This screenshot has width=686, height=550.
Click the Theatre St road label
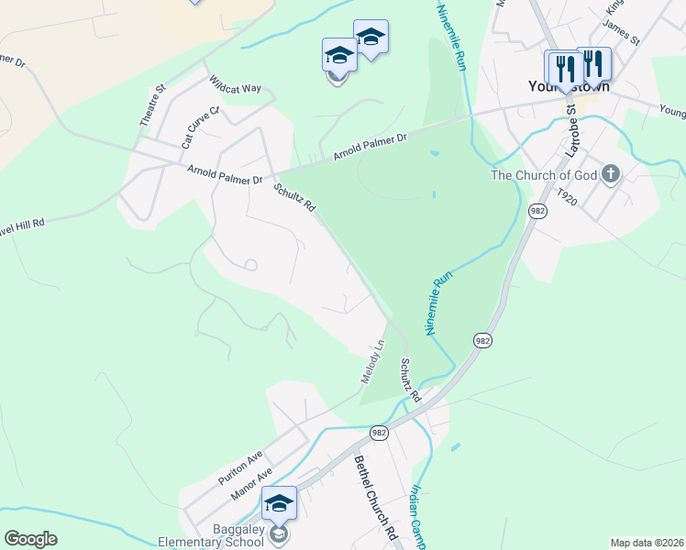[x=151, y=105]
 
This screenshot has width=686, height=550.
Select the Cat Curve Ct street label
[x=201, y=127]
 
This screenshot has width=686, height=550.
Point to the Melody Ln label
[x=371, y=361]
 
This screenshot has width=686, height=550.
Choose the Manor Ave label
[x=252, y=486]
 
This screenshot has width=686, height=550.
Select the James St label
[x=622, y=35]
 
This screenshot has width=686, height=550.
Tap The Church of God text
[x=544, y=175]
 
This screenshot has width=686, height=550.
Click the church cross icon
[x=612, y=174]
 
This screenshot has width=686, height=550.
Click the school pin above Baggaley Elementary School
[x=279, y=503]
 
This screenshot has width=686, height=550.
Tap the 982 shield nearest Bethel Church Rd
[x=379, y=431]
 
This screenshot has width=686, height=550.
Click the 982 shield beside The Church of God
[x=537, y=211]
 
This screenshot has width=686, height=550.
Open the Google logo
[x=30, y=538]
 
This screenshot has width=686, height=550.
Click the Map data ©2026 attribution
[x=647, y=543]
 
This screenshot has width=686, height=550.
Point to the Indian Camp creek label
[x=417, y=518]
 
